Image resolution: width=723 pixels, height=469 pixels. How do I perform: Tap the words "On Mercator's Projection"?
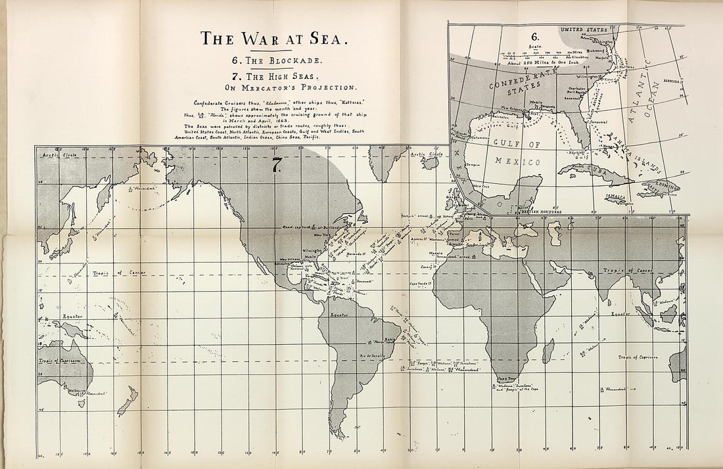pos(275,86)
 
